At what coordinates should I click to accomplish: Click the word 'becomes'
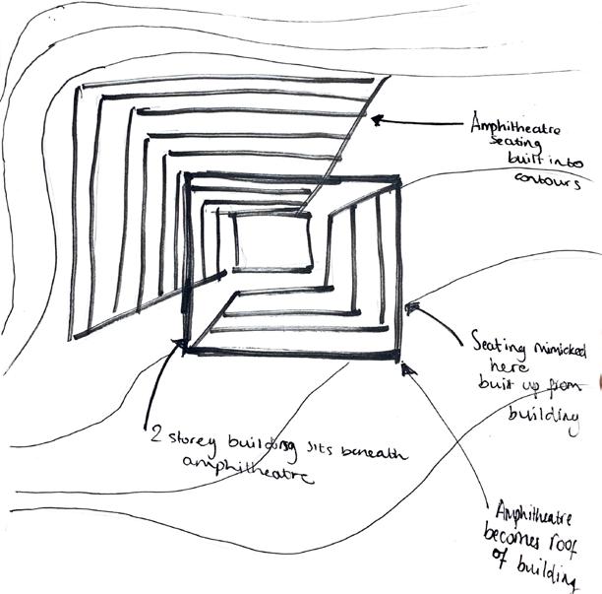coord(518,538)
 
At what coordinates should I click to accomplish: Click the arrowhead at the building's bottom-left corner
coord(179,345)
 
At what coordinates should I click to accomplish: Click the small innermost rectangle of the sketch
coord(273,242)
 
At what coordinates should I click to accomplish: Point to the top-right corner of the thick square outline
coord(397,177)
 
